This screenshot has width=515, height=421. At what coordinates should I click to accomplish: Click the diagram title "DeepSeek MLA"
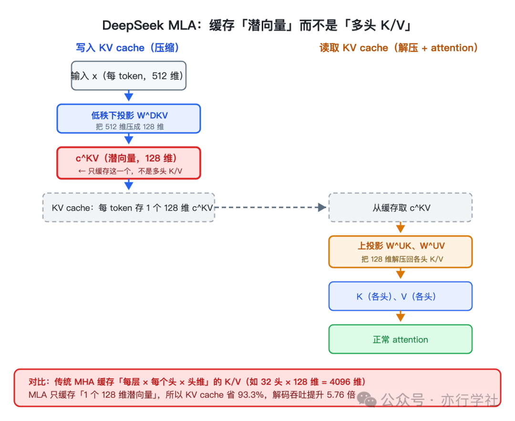pos(150,25)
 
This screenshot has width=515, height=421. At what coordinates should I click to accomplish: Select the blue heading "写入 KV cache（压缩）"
pos(127,48)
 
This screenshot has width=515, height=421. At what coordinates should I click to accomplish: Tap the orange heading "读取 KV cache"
pos(354,48)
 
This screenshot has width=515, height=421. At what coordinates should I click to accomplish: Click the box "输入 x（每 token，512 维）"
pos(129,75)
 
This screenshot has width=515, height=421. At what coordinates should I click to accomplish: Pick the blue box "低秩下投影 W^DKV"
pos(129,119)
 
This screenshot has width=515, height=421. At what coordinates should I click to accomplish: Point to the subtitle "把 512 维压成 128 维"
pos(130,127)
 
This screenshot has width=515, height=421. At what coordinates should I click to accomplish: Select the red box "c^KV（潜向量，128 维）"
pos(129,163)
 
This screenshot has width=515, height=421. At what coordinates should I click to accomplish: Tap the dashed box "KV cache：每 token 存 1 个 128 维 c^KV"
pos(129,207)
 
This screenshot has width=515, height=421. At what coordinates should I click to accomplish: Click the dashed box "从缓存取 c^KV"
pos(401,207)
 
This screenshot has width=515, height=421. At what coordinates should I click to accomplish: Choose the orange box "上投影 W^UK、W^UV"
pos(401,252)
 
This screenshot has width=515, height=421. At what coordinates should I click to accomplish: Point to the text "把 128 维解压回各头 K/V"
pos(402,259)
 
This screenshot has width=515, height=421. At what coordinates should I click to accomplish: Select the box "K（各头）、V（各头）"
pos(401,296)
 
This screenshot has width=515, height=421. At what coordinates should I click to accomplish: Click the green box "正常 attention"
pos(401,339)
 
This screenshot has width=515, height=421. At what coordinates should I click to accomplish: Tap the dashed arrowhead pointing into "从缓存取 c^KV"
pos(322,207)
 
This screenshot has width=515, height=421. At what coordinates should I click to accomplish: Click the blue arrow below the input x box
pos(129,95)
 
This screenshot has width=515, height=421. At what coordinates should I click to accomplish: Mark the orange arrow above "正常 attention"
pos(401,316)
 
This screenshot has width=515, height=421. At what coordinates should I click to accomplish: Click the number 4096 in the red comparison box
pos(340,382)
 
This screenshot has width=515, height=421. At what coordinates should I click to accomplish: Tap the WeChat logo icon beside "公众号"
pos(367,400)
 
